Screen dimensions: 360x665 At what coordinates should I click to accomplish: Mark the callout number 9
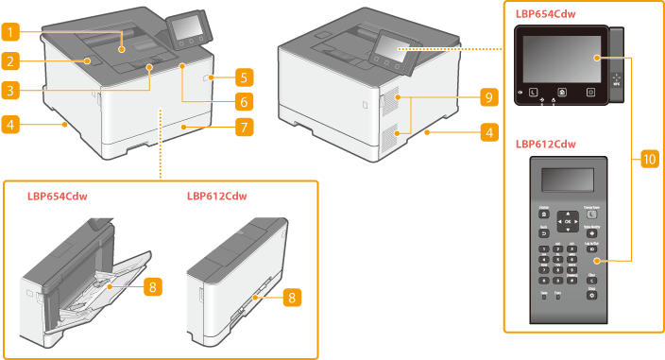click(x=487, y=96)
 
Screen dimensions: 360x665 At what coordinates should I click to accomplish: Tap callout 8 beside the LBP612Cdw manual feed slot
click(x=294, y=297)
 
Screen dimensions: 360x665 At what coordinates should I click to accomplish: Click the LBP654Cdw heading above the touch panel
click(x=545, y=14)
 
